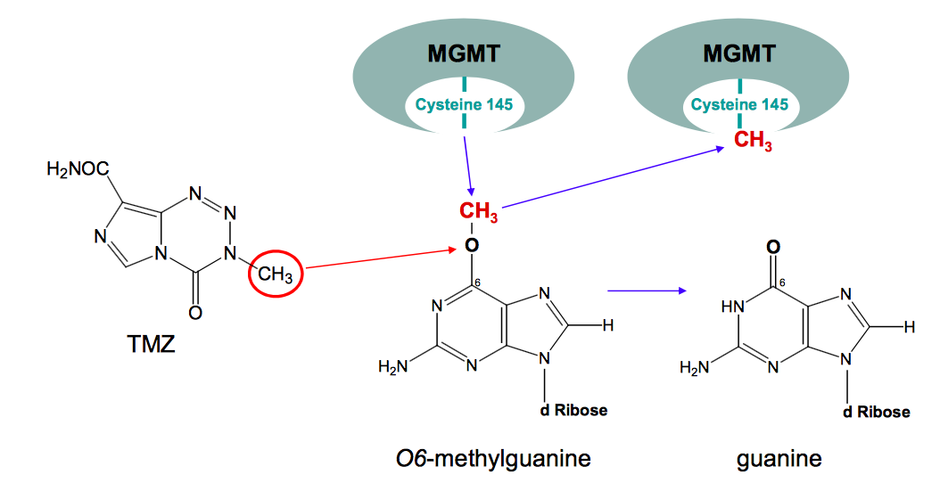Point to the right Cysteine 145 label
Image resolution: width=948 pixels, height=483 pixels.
coord(740,105)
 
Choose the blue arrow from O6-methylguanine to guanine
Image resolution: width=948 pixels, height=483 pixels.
coord(647,290)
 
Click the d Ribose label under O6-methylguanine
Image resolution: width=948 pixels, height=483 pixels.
coord(573,410)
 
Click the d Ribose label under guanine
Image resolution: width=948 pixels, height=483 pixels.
coord(877,412)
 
